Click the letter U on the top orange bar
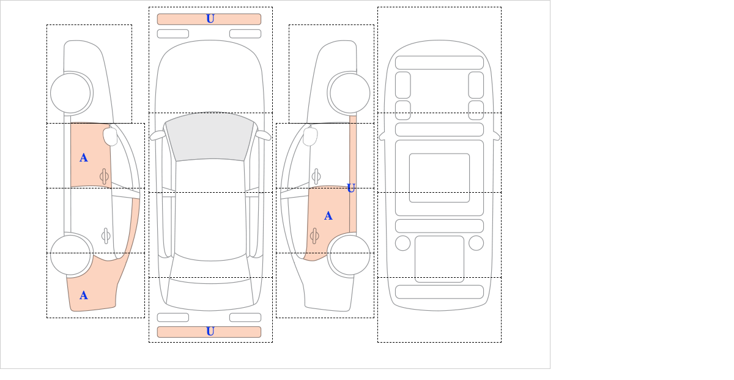pyautogui.click(x=210, y=19)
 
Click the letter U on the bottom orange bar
pyautogui.click(x=210, y=332)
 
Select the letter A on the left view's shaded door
pyautogui.click(x=84, y=158)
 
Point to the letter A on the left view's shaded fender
pyautogui.click(x=84, y=296)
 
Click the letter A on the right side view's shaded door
pyautogui.click(x=328, y=216)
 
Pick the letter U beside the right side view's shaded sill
pyautogui.click(x=351, y=188)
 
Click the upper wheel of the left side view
pyautogui.click(x=70, y=94)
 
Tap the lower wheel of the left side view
pyautogui.click(x=70, y=255)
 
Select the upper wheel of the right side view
pyautogui.click(x=350, y=94)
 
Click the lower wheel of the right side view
pyautogui.click(x=350, y=255)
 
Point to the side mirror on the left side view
pyautogui.click(x=110, y=136)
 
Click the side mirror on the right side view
pyautogui.click(x=310, y=136)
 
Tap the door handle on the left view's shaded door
pyautogui.click(x=104, y=177)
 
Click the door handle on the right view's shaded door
pyautogui.click(x=314, y=236)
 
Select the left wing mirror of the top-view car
pyautogui.click(x=157, y=135)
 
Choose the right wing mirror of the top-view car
pyautogui.click(x=263, y=135)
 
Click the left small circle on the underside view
pyautogui.click(x=402, y=244)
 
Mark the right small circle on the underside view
pyautogui.click(x=476, y=244)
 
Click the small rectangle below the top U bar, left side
pyautogui.click(x=173, y=34)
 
